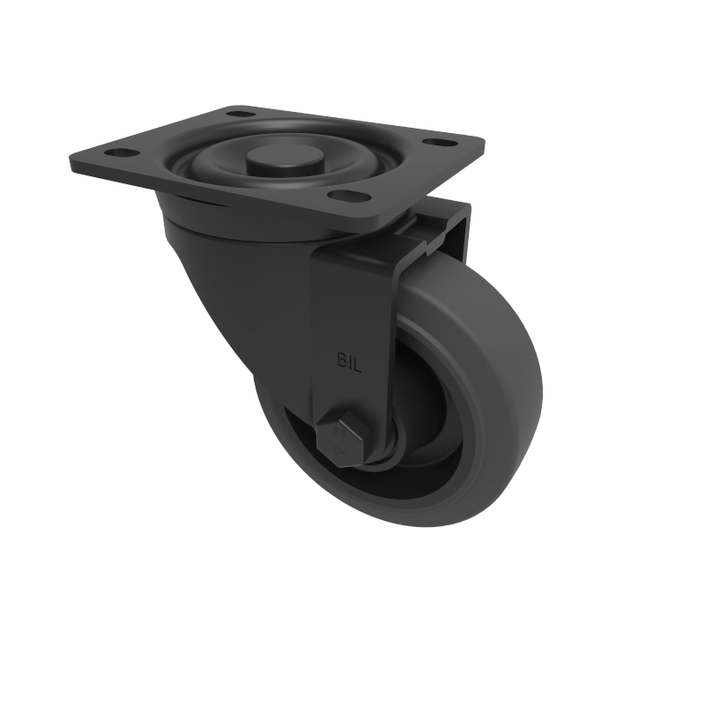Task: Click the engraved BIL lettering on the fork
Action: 349,359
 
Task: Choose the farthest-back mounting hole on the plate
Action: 239,114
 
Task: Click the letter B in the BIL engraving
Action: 340,359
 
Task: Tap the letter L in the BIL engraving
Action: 358,359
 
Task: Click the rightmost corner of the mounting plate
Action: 483,140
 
